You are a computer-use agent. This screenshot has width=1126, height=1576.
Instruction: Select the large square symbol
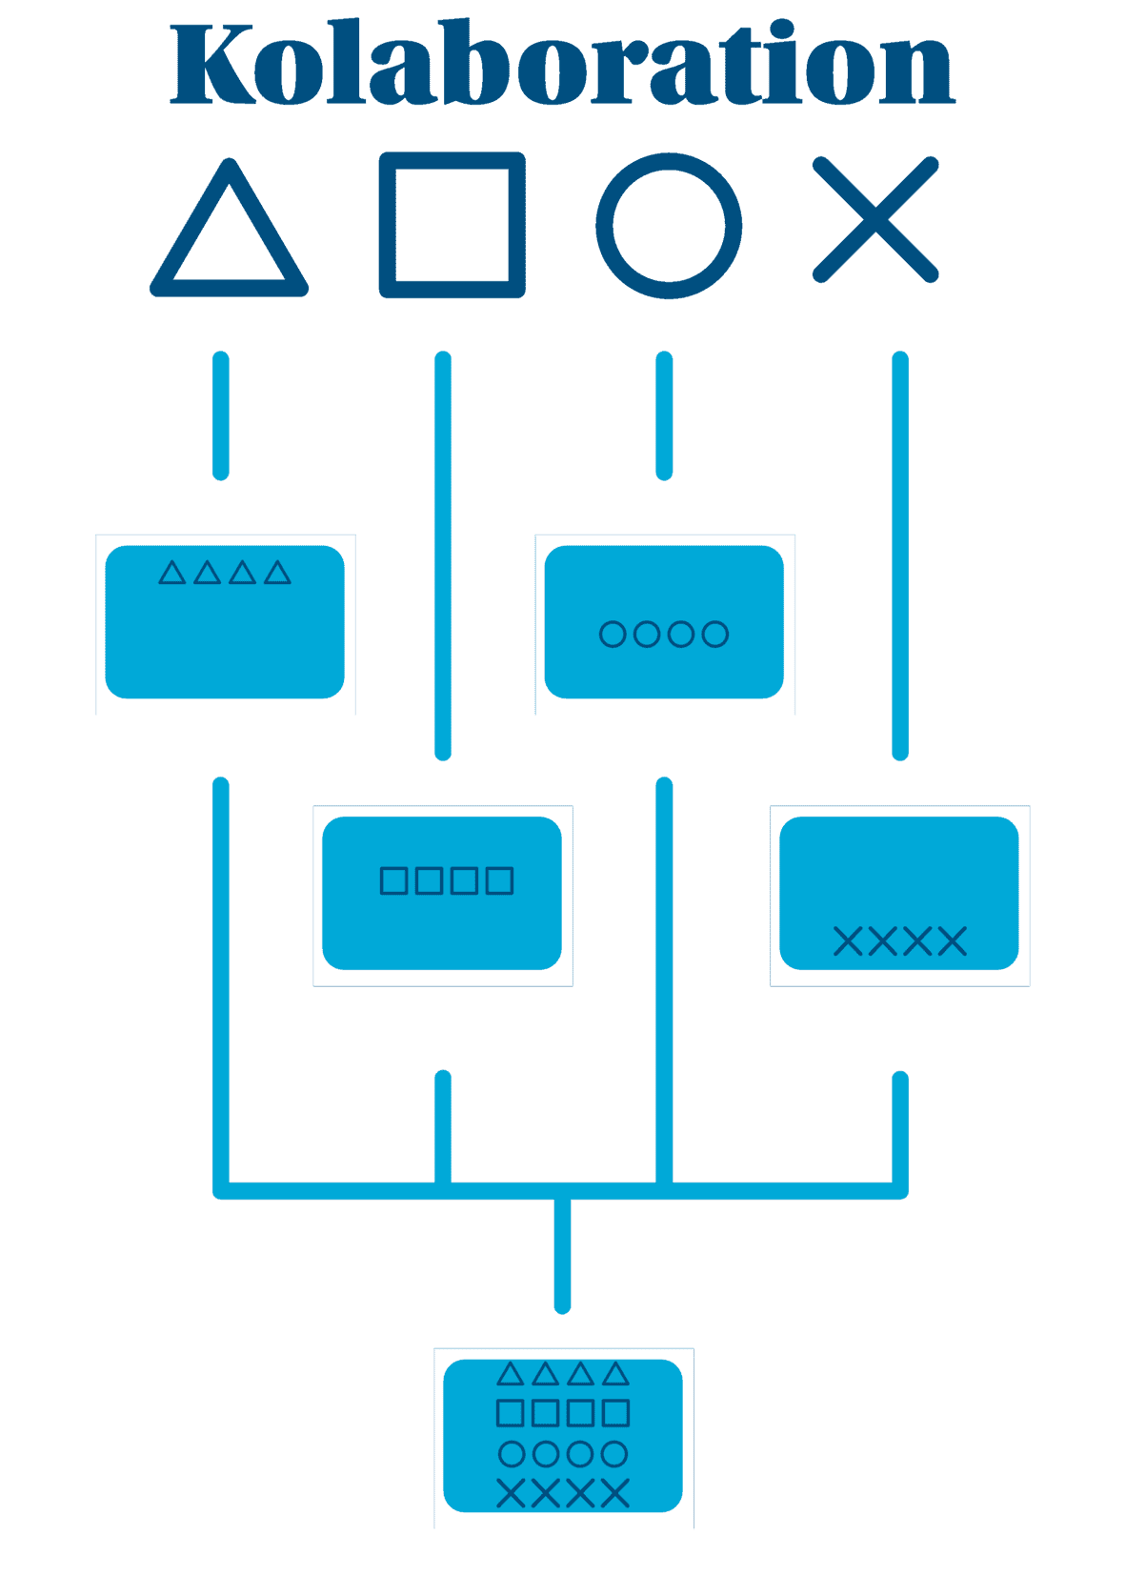point(452,225)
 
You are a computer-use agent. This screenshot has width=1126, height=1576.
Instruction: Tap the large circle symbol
point(669,226)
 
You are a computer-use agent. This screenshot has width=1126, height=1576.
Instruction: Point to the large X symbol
point(875,220)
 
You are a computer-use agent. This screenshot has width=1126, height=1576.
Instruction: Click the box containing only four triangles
point(225,622)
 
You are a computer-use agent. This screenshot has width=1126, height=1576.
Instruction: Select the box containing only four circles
point(664,622)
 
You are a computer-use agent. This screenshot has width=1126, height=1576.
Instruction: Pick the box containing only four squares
point(442,893)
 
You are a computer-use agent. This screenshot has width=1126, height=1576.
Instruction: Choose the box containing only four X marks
point(899,893)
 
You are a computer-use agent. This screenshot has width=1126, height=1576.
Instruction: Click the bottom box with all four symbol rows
point(563,1435)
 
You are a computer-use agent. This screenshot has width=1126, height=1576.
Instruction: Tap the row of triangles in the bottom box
point(563,1374)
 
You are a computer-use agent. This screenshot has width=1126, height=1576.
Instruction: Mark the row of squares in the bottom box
point(563,1412)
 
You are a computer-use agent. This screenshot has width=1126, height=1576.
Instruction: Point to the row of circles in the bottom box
point(563,1453)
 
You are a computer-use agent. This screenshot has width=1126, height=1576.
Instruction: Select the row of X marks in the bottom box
point(563,1493)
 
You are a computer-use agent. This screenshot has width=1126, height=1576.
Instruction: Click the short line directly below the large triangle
point(221,415)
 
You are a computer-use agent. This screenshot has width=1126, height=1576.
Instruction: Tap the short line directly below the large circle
point(664,415)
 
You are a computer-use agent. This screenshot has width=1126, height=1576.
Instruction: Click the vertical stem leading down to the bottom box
point(563,1253)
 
